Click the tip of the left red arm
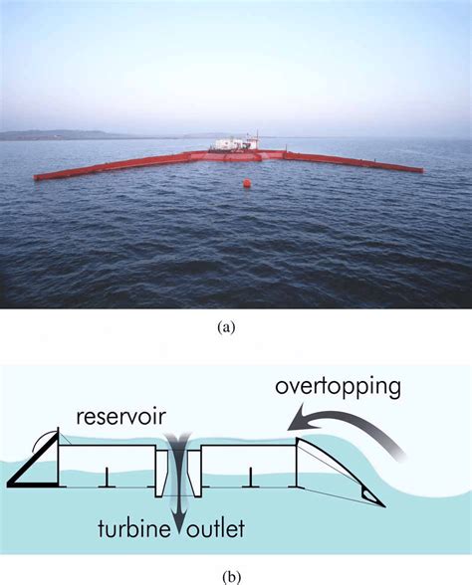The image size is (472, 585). click(x=38, y=177)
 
